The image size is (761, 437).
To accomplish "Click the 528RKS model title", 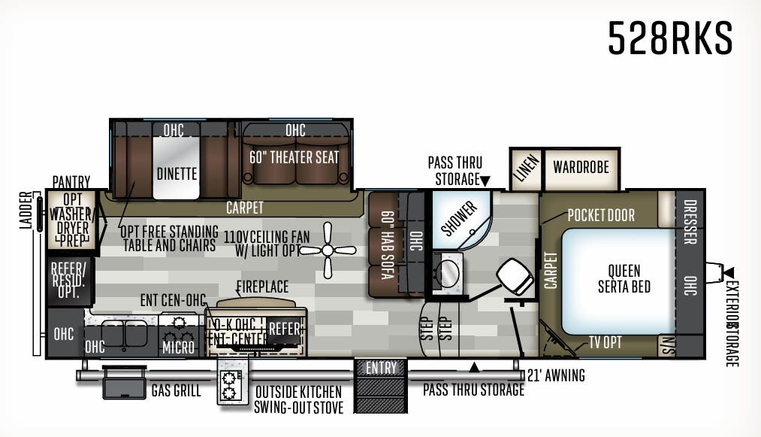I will tap(669, 38).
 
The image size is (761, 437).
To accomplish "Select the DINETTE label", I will tap(177, 174).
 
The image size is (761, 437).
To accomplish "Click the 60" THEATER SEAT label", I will tap(294, 158).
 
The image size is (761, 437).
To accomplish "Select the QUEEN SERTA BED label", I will tap(624, 279).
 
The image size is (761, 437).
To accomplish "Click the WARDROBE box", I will tap(581, 166).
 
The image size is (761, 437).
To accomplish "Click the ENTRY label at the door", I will tap(381, 368).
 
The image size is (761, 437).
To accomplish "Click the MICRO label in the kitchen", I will tap(180, 347).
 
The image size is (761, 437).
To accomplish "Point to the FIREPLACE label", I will tap(262, 287).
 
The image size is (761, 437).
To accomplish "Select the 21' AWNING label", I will tap(556, 375).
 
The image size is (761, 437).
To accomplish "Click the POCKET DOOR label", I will tap(601, 215).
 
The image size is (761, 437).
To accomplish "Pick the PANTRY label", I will tap(71, 182).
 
